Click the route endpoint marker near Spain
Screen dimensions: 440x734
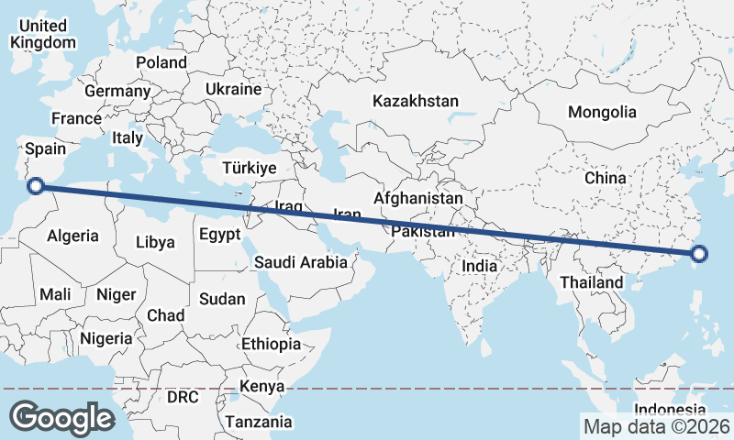(36, 186)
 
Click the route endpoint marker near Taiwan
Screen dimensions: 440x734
(699, 254)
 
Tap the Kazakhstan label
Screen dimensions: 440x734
(416, 101)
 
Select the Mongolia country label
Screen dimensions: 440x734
(602, 112)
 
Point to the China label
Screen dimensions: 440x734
(605, 177)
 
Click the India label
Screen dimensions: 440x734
(479, 266)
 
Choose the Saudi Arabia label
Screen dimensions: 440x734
(301, 262)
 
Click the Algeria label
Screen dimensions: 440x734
(72, 236)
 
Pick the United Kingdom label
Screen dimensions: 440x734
(42, 34)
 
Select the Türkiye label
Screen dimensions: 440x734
(249, 168)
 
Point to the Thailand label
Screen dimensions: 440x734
(592, 282)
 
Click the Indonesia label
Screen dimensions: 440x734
(671, 409)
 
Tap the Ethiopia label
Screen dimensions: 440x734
(271, 344)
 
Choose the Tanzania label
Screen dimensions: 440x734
(260, 422)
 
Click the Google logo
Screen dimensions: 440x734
(61, 417)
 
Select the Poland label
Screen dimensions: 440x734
(161, 62)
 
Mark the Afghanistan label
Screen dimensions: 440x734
(418, 198)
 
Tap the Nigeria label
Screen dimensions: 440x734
(106, 337)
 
